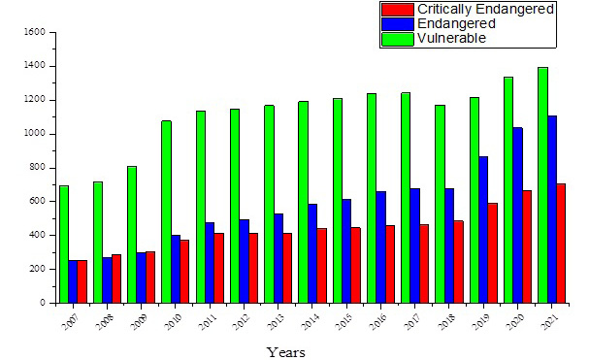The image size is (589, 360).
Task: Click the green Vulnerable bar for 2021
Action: [542, 185]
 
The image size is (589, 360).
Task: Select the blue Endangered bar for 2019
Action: [483, 230]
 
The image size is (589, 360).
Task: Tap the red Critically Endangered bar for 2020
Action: [527, 246]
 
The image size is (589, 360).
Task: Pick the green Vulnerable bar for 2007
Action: [64, 245]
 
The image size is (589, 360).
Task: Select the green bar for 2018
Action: [441, 204]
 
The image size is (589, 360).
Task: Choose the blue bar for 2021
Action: [552, 210]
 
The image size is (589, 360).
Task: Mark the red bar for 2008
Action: [116, 278]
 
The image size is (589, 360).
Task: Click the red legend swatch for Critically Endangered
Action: [398, 10]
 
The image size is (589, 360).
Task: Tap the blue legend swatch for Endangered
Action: [398, 24]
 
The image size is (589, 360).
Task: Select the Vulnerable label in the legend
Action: [451, 39]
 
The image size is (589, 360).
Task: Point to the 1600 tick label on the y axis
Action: [35, 32]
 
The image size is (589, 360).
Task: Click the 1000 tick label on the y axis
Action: [35, 134]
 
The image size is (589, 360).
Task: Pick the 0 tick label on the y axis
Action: [43, 303]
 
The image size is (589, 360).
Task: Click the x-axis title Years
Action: [286, 352]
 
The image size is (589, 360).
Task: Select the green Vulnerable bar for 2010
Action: [166, 212]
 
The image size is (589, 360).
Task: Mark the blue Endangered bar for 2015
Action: [346, 251]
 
